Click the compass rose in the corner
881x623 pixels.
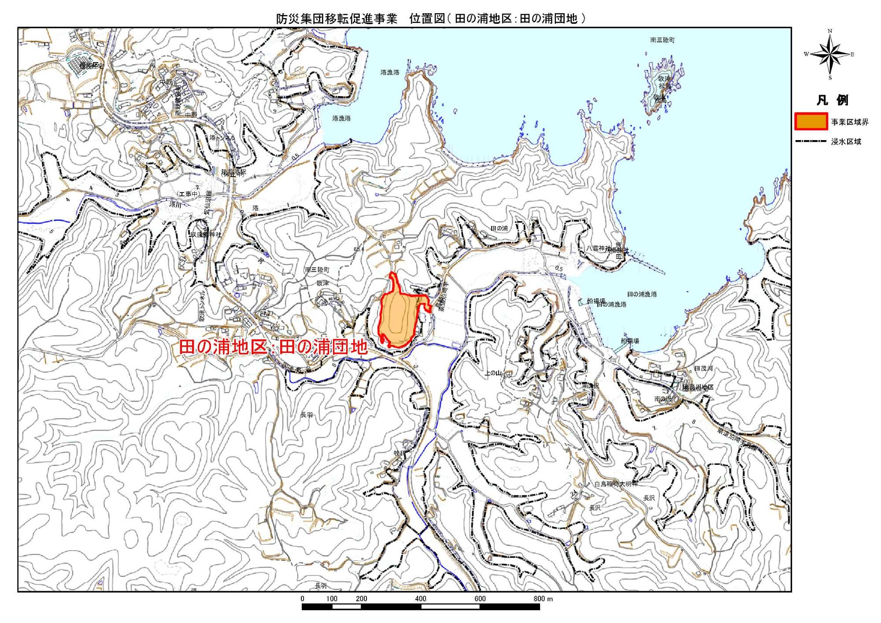pyautogui.click(x=830, y=54)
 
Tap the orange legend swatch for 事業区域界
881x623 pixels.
pyautogui.click(x=811, y=122)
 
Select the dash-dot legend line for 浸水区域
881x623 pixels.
pyautogui.click(x=811, y=141)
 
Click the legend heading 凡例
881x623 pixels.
pyautogui.click(x=832, y=100)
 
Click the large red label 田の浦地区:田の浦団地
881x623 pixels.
pyautogui.click(x=273, y=347)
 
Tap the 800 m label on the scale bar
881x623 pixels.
pyautogui.click(x=543, y=598)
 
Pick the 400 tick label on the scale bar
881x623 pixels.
pyautogui.click(x=421, y=598)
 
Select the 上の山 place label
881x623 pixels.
pyautogui.click(x=493, y=373)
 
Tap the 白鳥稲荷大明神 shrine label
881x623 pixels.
pyautogui.click(x=615, y=484)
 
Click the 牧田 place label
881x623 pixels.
pyautogui.click(x=399, y=453)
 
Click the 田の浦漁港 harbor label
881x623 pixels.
pyautogui.click(x=642, y=294)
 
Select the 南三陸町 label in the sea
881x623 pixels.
pyautogui.click(x=662, y=40)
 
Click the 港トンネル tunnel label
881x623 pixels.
pyautogui.click(x=222, y=138)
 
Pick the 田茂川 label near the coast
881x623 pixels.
pyautogui.click(x=703, y=368)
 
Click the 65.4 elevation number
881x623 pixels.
pyautogui.click(x=359, y=249)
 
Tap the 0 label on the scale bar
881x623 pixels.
pyautogui.click(x=302, y=598)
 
